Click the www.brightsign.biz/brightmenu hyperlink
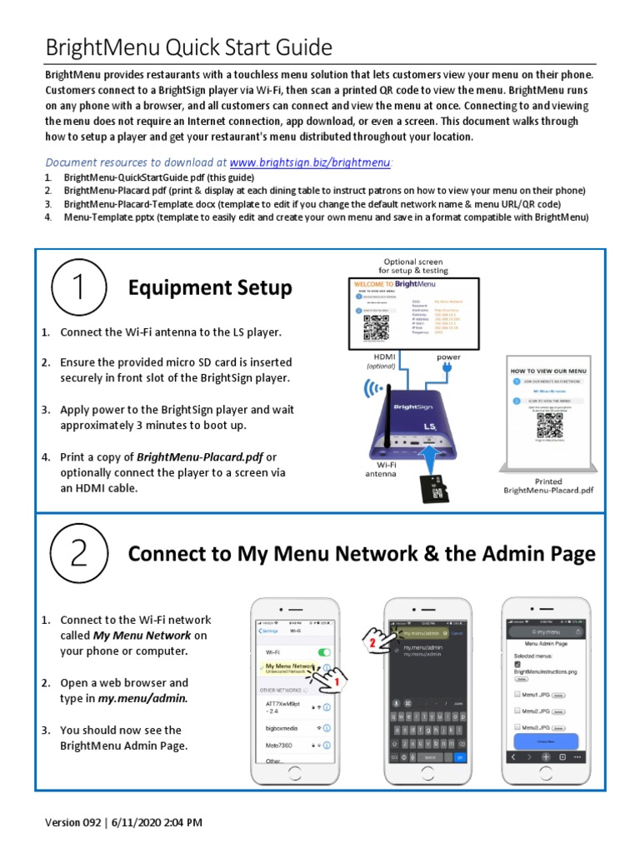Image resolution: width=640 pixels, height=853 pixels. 309,162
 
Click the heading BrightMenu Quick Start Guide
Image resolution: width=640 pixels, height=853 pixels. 188,47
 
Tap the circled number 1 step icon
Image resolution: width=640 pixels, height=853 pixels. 77,288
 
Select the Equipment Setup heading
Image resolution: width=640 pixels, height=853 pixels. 210,288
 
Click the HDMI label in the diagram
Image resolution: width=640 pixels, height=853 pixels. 372,357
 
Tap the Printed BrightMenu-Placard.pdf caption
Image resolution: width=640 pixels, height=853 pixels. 548,486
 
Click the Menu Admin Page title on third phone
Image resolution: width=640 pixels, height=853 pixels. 547,644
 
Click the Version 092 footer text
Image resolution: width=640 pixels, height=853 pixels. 123,822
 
